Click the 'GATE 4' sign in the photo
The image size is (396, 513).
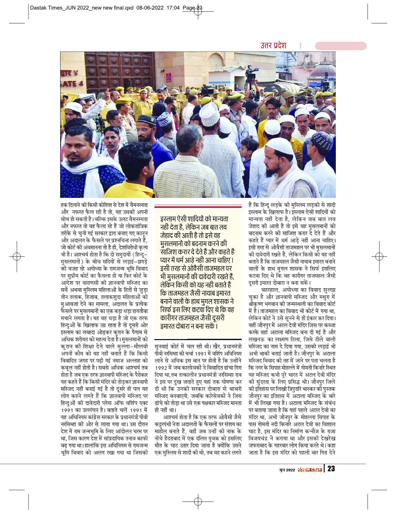[70, 83]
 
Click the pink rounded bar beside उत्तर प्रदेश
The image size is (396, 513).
[340, 46]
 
